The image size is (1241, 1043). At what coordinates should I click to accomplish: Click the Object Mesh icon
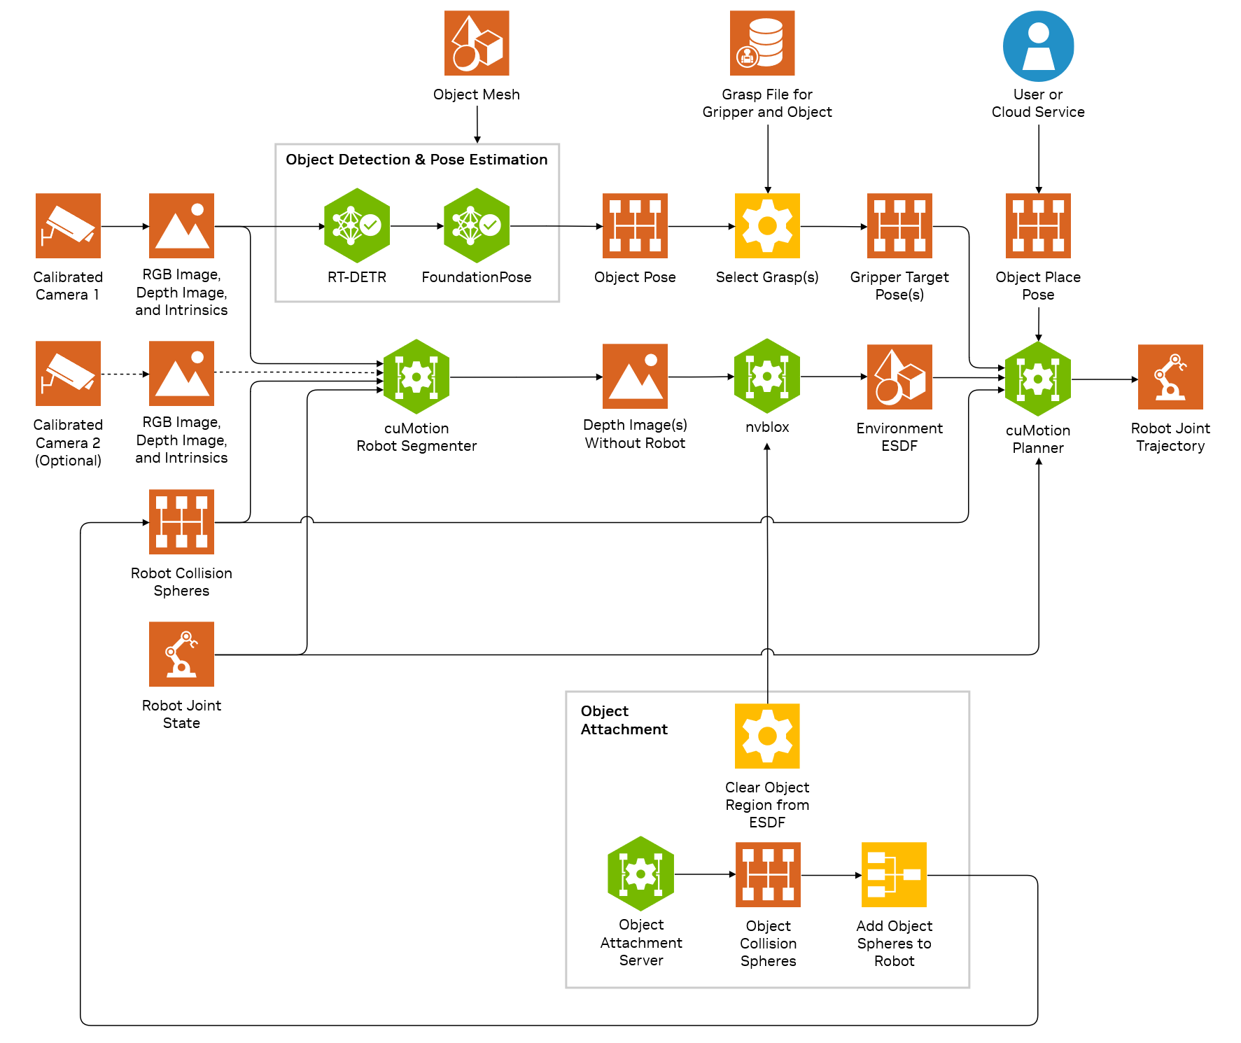[477, 43]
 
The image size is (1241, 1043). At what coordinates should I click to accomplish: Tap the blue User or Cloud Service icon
[1038, 45]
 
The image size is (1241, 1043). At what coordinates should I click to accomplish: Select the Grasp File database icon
[762, 43]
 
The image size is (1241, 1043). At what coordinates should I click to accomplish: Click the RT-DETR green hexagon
[357, 225]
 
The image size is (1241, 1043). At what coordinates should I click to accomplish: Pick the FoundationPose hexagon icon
[477, 225]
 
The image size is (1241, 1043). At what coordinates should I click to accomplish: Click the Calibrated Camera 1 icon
[68, 225]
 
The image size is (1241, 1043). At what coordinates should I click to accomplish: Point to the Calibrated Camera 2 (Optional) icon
[68, 373]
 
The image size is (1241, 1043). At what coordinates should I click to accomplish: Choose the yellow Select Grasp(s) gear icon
[767, 225]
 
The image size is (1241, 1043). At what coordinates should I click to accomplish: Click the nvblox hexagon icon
[767, 376]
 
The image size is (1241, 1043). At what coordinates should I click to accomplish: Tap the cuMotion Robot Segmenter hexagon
[416, 377]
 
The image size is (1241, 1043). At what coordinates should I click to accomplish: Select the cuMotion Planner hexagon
[1038, 379]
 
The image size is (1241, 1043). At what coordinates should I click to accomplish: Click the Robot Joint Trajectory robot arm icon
[1170, 377]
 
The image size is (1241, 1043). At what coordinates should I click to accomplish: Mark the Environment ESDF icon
[899, 377]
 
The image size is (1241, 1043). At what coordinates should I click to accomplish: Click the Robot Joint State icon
[181, 654]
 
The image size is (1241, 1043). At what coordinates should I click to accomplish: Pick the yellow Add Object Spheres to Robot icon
[894, 874]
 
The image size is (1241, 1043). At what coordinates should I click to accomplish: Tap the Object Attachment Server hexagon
[640, 874]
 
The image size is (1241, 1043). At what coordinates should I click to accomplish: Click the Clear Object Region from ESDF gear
[767, 736]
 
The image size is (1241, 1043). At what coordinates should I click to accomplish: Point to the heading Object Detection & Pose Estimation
[416, 160]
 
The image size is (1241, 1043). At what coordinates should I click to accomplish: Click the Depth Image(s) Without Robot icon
[635, 376]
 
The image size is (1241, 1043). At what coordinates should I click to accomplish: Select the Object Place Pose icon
[1038, 225]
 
